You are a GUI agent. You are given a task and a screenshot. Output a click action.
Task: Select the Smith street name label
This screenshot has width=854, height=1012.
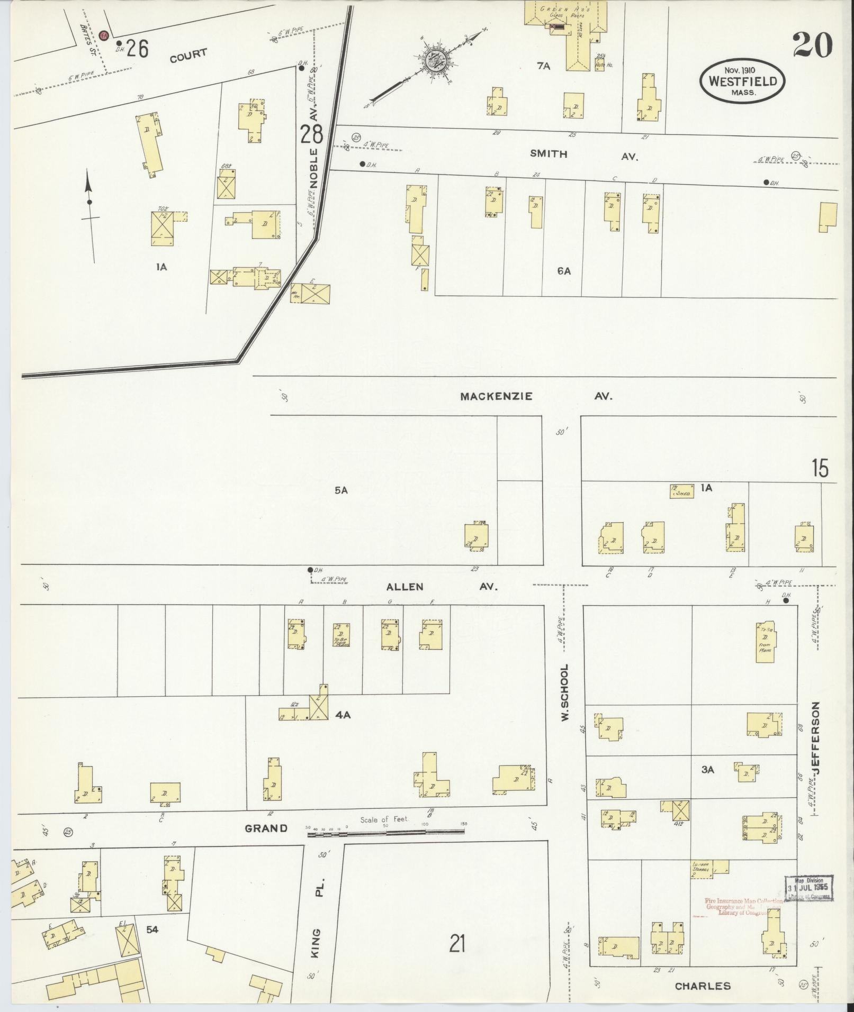549,154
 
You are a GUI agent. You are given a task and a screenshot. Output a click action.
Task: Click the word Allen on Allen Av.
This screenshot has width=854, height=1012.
404,586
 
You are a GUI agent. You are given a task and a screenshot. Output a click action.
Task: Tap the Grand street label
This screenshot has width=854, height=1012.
266,828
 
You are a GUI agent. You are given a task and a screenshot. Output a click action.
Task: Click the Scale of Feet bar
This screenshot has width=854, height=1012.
385,832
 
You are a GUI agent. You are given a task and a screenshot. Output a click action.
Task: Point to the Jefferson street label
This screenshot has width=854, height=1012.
815,738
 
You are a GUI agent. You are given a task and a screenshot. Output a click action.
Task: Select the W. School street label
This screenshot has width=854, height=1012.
564,692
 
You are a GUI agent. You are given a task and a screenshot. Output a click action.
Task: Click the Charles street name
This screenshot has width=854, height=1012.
703,986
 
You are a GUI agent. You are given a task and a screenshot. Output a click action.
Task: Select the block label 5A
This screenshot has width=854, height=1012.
340,490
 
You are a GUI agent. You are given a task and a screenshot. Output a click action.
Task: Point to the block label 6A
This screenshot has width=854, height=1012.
563,271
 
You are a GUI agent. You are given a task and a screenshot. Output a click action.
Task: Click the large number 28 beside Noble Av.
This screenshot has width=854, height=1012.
311,134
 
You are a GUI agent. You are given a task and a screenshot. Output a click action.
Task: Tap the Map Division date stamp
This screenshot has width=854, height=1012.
808,888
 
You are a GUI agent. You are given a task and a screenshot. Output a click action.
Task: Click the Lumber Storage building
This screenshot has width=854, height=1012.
709,869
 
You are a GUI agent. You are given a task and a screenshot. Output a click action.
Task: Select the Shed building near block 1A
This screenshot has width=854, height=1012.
682,490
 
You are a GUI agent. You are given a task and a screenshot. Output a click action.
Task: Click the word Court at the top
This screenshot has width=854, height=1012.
188,55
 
